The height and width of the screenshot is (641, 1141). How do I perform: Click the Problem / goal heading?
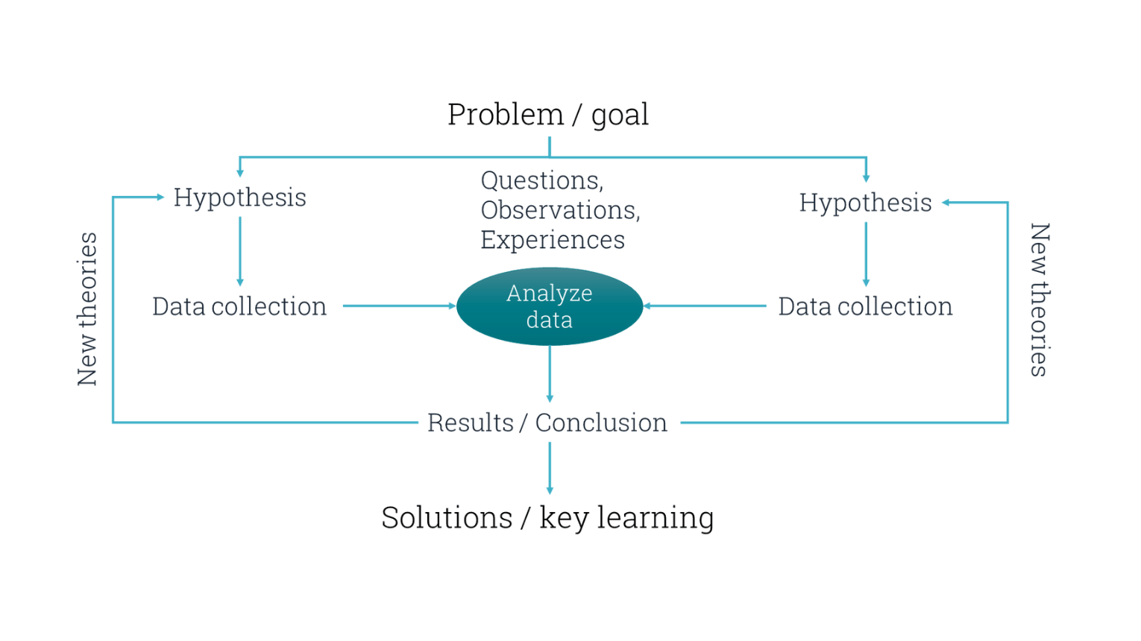[548, 115]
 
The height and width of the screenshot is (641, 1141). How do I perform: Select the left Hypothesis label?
[239, 198]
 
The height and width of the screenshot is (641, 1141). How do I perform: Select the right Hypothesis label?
[865, 203]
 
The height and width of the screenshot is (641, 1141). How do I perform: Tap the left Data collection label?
[239, 306]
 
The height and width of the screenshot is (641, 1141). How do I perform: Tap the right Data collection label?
[865, 306]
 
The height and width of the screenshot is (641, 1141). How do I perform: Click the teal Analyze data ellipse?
[550, 306]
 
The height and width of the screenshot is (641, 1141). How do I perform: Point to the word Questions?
[541, 180]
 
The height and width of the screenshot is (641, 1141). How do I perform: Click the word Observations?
[559, 210]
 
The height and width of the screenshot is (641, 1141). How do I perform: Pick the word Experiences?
[553, 240]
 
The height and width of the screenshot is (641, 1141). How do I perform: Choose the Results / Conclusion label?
[547, 423]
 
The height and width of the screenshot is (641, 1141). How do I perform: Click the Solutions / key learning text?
[547, 517]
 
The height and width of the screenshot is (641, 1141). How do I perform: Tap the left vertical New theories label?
[87, 309]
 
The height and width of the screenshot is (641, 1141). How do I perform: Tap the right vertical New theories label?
[1040, 300]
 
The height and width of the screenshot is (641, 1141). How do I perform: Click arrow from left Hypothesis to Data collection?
[240, 251]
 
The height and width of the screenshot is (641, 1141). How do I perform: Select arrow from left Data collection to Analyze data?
[399, 306]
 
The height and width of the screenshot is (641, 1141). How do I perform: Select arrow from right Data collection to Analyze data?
[705, 306]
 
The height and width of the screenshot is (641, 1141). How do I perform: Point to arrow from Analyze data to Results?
[550, 374]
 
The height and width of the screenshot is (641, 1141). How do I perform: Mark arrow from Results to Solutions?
[550, 468]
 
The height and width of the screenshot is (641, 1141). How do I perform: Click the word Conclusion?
[601, 423]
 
